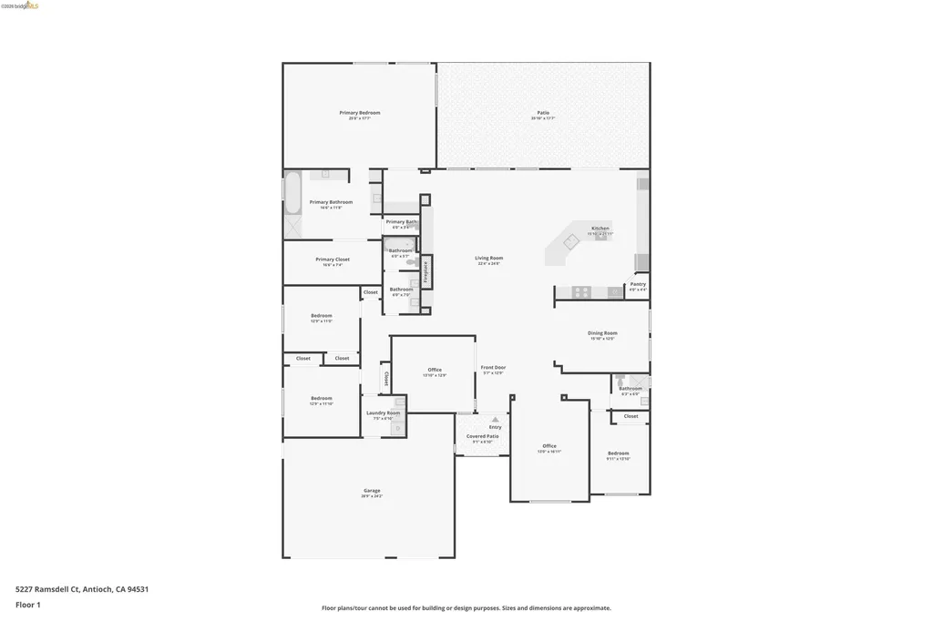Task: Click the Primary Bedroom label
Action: (359, 113)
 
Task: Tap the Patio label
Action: (543, 113)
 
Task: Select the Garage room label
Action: (371, 491)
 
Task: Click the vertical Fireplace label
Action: (425, 272)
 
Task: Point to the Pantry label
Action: (638, 284)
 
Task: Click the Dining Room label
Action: (602, 333)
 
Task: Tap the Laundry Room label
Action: (383, 413)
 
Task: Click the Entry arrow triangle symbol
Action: (495, 420)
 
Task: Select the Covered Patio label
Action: (483, 436)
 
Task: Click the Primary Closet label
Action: (332, 260)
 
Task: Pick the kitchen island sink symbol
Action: (571, 242)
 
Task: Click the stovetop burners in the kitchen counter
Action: (580, 292)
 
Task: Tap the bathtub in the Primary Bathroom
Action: (293, 193)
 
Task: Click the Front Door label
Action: (493, 368)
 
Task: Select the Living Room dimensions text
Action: (488, 264)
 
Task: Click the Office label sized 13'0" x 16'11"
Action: (549, 446)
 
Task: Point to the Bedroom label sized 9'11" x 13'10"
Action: (618, 453)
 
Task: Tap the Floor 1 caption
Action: (28, 605)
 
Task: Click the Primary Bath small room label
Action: (401, 222)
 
